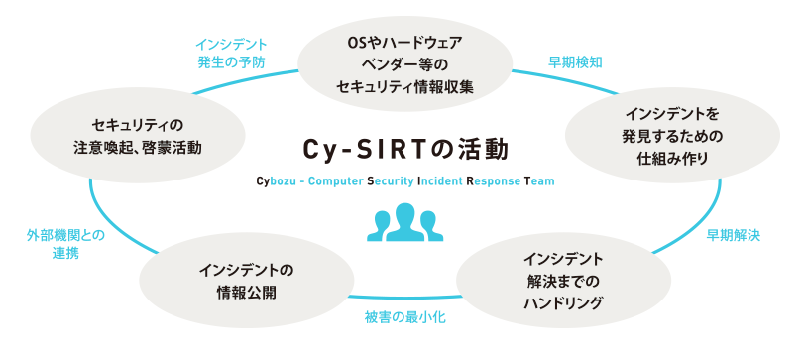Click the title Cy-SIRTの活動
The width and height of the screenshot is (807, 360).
coord(405,149)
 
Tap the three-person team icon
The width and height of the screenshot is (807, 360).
coord(403,222)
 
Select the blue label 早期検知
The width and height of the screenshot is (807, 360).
coord(576,61)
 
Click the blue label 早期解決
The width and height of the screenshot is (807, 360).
coord(733,236)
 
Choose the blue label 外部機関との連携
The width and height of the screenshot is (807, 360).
coord(65,244)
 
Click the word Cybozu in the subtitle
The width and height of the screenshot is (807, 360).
coord(277,181)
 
